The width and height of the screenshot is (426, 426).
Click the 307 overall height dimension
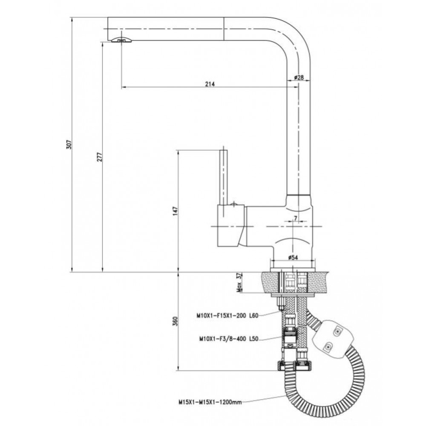(69, 144)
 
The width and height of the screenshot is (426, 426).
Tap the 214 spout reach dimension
(210, 84)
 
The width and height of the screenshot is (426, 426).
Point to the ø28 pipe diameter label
(299, 78)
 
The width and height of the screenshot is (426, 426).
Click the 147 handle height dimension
(175, 211)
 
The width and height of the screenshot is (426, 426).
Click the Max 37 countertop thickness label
(239, 282)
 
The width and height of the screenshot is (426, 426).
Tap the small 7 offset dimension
(295, 218)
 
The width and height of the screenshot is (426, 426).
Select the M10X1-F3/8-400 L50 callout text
(229, 339)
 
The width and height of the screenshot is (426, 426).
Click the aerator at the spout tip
(122, 40)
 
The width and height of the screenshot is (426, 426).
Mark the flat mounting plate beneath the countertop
(293, 295)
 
